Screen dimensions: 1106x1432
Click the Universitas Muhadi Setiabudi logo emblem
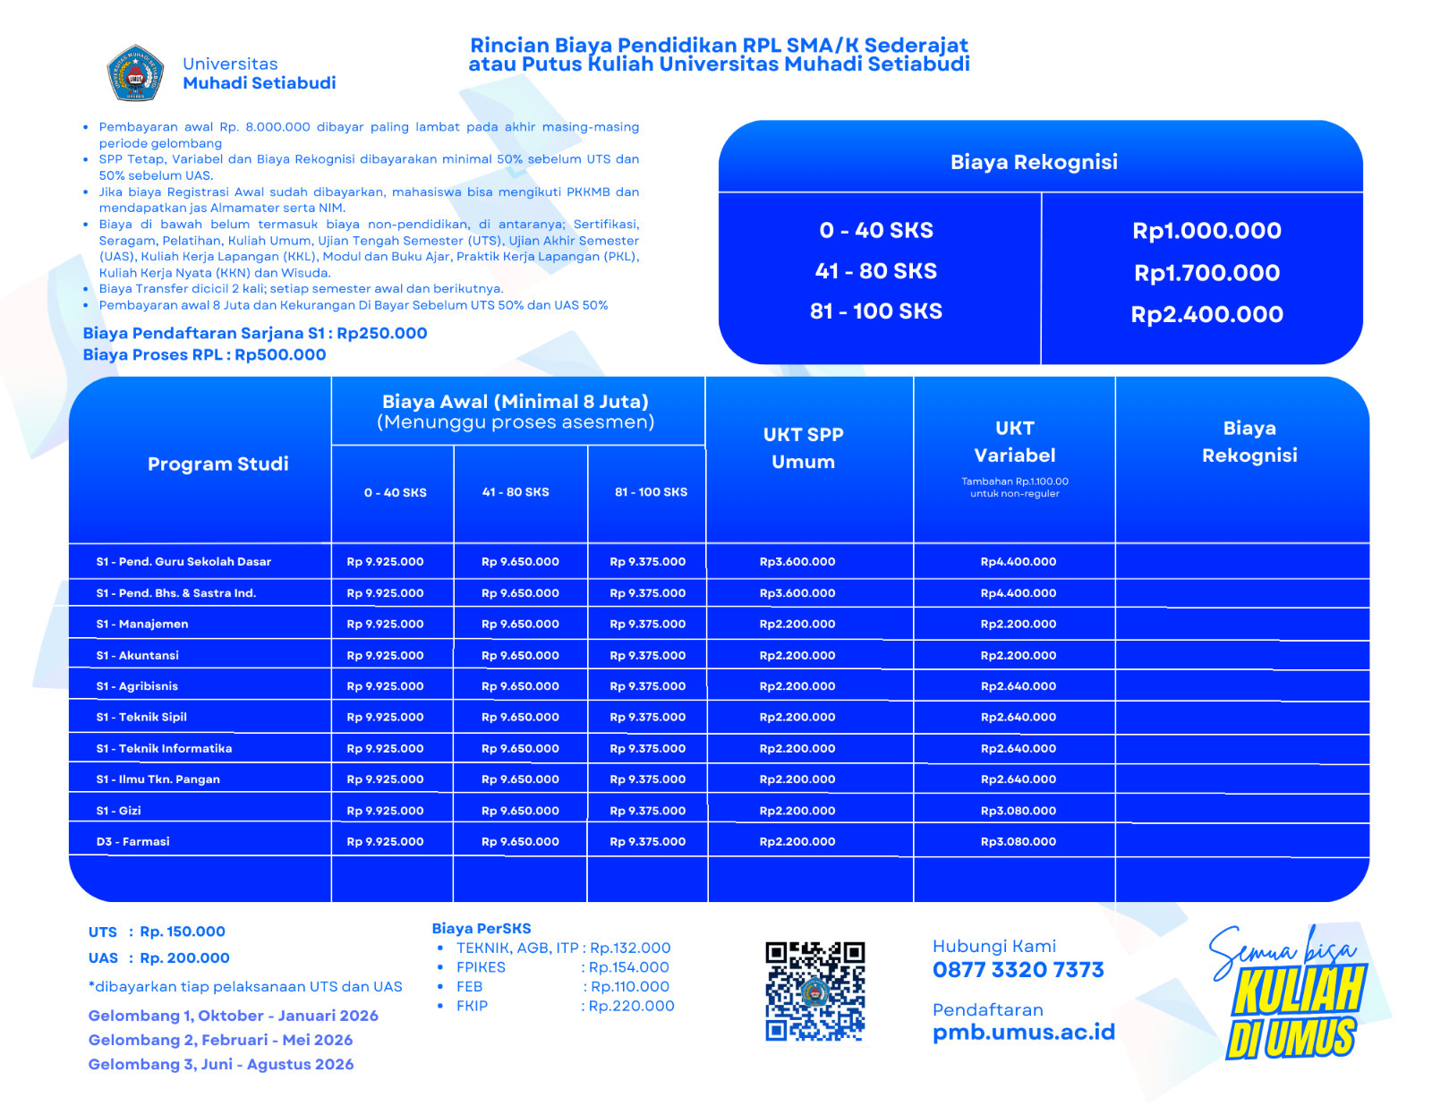click(135, 72)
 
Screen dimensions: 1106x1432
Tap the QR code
click(814, 991)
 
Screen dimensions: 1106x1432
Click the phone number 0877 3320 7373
click(1018, 970)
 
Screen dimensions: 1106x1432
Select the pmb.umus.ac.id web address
click(1023, 1033)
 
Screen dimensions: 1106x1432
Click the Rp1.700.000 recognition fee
click(1206, 273)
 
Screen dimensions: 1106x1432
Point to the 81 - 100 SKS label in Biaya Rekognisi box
click(875, 311)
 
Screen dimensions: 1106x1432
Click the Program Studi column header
click(217, 464)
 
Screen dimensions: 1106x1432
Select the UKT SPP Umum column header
click(803, 448)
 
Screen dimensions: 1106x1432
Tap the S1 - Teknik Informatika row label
click(164, 748)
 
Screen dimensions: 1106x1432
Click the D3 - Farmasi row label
click(132, 841)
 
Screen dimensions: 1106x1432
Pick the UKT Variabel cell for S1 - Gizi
click(1018, 811)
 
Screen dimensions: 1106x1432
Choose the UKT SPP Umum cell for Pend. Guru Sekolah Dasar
click(797, 562)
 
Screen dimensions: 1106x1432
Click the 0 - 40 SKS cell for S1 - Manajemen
click(385, 624)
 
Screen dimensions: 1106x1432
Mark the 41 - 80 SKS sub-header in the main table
click(516, 492)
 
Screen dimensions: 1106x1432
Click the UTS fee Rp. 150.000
click(183, 932)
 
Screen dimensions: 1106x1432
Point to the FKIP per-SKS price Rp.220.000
click(631, 1006)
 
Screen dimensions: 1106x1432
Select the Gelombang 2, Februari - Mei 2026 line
click(220, 1040)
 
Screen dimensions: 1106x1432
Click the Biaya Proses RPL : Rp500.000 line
click(204, 355)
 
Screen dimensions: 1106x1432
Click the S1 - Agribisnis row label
click(137, 686)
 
